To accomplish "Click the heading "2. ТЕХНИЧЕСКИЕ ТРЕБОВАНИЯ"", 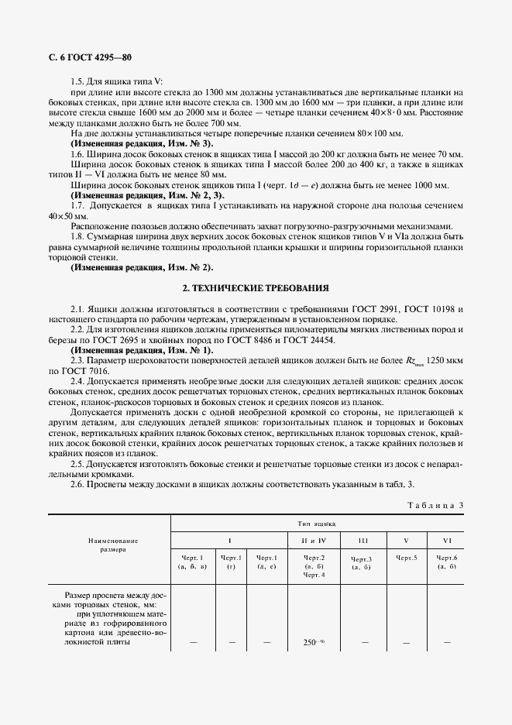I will point(255,287).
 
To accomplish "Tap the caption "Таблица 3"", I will point(435,506).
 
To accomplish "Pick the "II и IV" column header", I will point(313,539).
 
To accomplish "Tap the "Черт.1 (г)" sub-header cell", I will point(231,562).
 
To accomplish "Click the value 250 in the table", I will point(309,642).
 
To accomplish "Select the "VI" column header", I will point(446,539).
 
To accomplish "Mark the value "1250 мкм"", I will point(441,361).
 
